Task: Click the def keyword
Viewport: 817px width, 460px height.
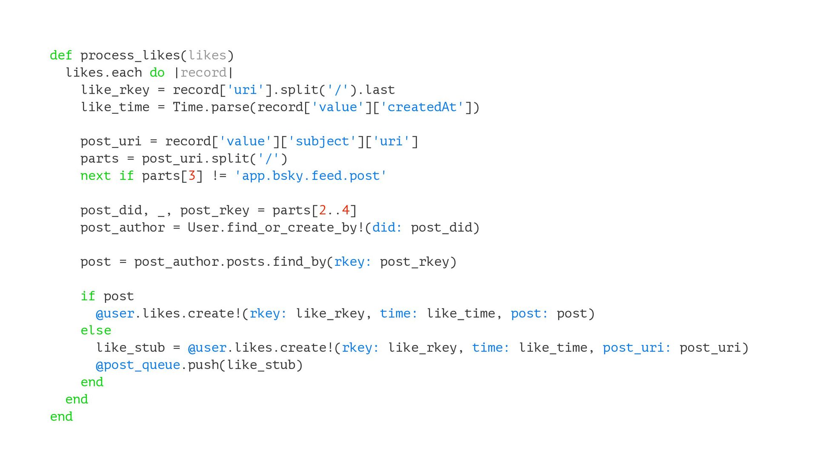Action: click(61, 55)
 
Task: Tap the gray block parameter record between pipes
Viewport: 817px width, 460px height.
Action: click(203, 73)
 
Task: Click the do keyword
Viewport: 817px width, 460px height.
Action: click(157, 73)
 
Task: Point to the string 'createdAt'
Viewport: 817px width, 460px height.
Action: click(422, 107)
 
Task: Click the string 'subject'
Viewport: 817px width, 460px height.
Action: click(322, 141)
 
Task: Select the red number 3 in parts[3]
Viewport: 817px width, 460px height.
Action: click(191, 176)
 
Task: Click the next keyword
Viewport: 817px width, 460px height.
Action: click(96, 176)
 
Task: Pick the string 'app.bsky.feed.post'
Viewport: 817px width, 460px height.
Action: click(311, 176)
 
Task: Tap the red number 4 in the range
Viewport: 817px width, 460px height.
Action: click(346, 210)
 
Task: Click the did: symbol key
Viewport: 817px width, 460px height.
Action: click(387, 227)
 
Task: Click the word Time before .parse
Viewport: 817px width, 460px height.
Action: click(188, 107)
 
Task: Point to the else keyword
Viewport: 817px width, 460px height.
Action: click(96, 331)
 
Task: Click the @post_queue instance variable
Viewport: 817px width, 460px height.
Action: click(138, 365)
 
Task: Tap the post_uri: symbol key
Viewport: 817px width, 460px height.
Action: click(637, 348)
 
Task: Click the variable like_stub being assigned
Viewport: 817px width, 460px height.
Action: click(130, 348)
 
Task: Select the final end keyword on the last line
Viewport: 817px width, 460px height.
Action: click(61, 417)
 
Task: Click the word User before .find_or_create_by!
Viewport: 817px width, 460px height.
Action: click(203, 227)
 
